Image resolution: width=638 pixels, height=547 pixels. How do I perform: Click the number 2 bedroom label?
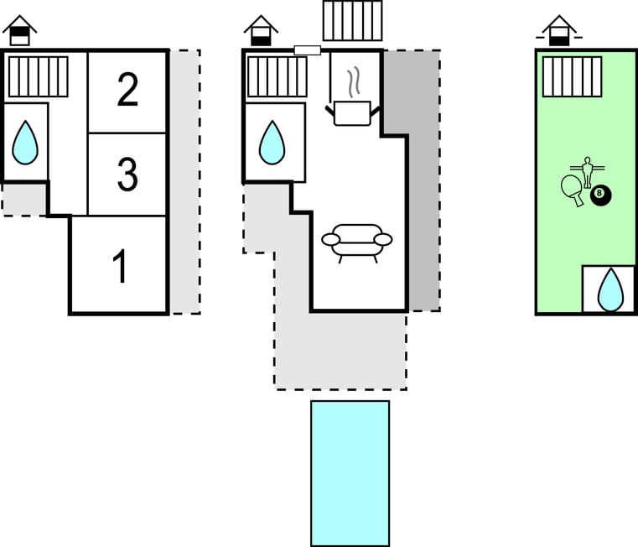tap(127, 91)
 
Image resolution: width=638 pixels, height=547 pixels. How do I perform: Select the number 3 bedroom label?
tap(127, 175)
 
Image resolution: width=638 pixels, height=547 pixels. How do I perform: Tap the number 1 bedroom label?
tap(121, 267)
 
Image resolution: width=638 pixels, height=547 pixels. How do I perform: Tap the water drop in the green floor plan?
tap(609, 290)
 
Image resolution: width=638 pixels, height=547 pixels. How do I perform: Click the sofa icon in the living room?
tap(357, 242)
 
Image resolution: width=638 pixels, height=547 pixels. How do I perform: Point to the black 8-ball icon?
tap(601, 195)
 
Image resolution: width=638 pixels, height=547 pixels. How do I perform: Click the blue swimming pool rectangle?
tap(350, 473)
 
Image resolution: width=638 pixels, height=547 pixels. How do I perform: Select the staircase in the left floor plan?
tap(39, 76)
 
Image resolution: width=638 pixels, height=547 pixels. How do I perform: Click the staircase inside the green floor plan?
tap(572, 76)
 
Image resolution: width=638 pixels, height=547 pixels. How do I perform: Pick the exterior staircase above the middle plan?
tap(352, 20)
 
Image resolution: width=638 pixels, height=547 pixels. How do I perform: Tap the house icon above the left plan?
tap(19, 31)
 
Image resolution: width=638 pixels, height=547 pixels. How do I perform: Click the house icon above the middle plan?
tap(262, 31)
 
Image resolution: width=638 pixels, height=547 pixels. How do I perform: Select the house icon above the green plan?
tap(559, 31)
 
